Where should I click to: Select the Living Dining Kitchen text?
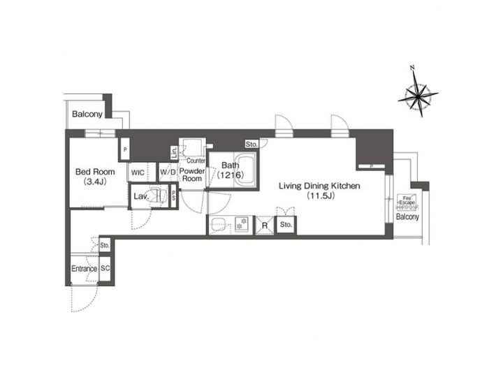(x=319, y=186)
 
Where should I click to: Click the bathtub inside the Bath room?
(x=244, y=174)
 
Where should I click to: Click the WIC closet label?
(x=138, y=172)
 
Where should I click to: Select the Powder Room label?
(x=191, y=175)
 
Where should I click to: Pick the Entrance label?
(x=84, y=269)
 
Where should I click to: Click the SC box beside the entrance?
(x=105, y=268)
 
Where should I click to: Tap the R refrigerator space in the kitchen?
(x=265, y=225)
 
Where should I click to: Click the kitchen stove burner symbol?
(x=242, y=224)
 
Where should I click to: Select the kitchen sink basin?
(x=219, y=224)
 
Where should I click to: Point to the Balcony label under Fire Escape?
(x=407, y=217)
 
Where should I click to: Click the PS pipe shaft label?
(x=174, y=197)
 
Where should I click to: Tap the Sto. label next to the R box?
(x=285, y=225)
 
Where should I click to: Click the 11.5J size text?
(x=319, y=197)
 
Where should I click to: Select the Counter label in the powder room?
(x=196, y=160)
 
